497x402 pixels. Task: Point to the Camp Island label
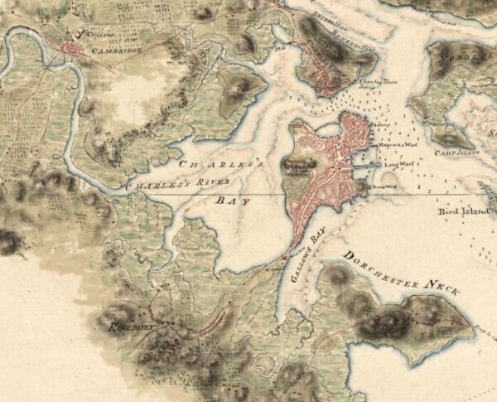(460, 153)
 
